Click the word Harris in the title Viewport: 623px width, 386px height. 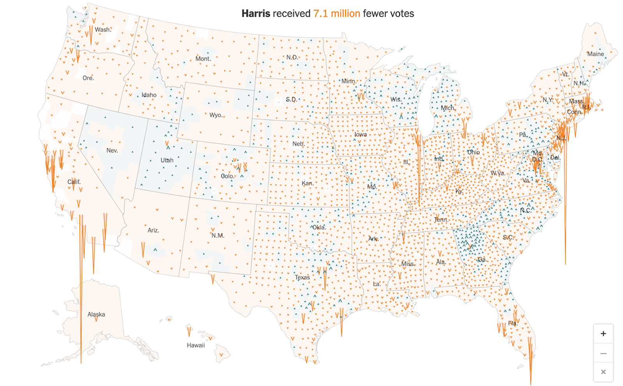click(x=255, y=14)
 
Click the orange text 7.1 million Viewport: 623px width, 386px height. click(x=336, y=14)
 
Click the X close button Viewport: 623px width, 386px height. click(x=603, y=372)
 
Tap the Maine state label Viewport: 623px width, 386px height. click(x=595, y=54)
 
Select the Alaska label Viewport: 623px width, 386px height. click(x=96, y=314)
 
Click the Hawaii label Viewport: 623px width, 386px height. click(x=195, y=345)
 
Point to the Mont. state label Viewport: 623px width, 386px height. click(x=203, y=59)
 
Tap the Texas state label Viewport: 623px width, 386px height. click(x=302, y=277)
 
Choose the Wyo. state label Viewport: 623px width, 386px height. click(x=216, y=115)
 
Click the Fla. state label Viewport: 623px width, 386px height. click(x=512, y=323)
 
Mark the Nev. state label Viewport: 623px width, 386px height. click(x=112, y=151)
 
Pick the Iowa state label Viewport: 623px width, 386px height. click(x=361, y=135)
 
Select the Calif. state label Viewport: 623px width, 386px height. click(x=74, y=182)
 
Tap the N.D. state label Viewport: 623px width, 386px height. click(x=292, y=57)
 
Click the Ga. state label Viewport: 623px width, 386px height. click(x=482, y=260)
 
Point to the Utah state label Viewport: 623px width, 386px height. click(x=167, y=160)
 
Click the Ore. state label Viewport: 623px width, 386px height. click(x=88, y=78)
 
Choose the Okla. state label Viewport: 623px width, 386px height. click(x=319, y=227)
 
